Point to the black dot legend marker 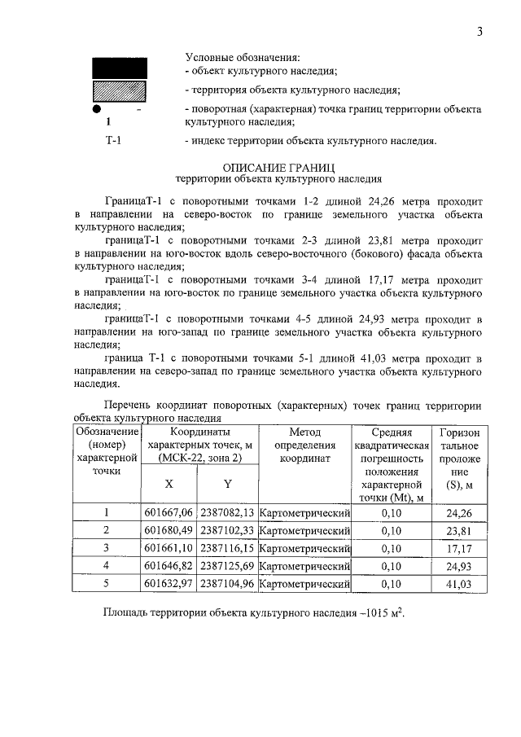pos(96,108)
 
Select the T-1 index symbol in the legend pos(114,140)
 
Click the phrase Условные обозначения pos(242,58)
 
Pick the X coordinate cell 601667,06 pos(169,512)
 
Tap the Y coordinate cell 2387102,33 pos(227,530)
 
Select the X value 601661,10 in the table pos(169,548)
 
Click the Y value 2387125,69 pos(227,566)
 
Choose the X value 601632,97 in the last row pos(169,584)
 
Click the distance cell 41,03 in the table pos(459,584)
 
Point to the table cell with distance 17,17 pos(459,548)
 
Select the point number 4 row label pos(106,566)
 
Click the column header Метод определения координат pos(304,445)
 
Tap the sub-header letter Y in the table pos(228,484)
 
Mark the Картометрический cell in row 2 pos(304,530)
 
